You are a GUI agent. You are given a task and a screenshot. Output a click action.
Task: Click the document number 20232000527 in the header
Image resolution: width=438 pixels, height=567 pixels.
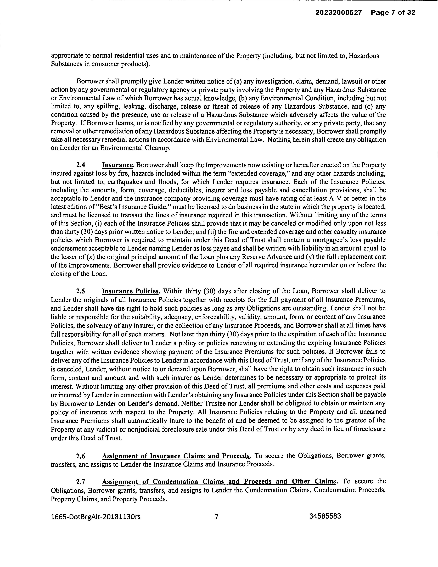(338, 13)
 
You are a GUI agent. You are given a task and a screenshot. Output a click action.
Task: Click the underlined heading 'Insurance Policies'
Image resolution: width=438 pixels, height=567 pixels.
(130, 291)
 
